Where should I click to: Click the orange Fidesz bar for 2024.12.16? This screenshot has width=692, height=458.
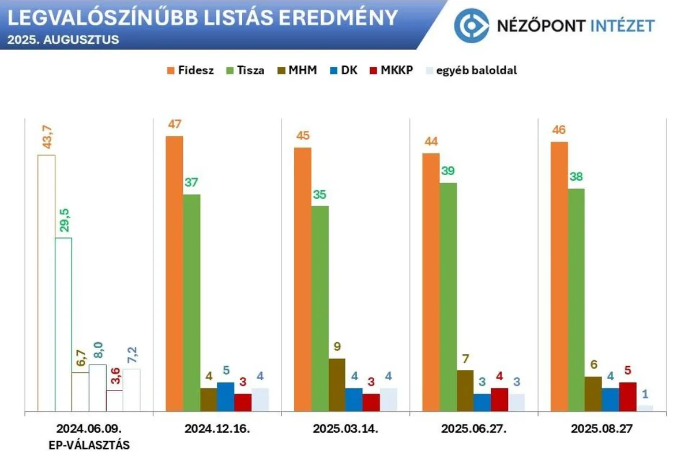pos(174,274)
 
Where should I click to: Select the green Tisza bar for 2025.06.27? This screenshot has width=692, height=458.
pos(448,297)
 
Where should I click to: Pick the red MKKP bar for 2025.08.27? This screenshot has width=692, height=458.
pos(627,397)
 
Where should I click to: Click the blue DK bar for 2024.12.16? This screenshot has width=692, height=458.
pos(225,397)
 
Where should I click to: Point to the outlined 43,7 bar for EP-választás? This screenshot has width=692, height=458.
pos(46,283)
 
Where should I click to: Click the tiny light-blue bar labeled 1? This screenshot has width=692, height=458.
pos(645,408)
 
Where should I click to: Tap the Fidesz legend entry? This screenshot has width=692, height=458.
pos(190,71)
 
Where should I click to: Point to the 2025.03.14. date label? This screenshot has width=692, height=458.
pos(345,429)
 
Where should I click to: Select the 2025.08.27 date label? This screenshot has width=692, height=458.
pos(601,429)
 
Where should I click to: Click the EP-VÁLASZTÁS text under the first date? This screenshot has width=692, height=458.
pos(89,445)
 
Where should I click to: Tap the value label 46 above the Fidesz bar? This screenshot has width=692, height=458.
pos(559,130)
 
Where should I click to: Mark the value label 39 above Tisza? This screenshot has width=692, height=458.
pos(447,172)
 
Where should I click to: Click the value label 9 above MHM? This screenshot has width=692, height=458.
pos(337,347)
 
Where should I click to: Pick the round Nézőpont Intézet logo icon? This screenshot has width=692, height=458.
pos(472,25)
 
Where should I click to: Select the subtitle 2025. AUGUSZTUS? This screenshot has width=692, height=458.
pos(63,40)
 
